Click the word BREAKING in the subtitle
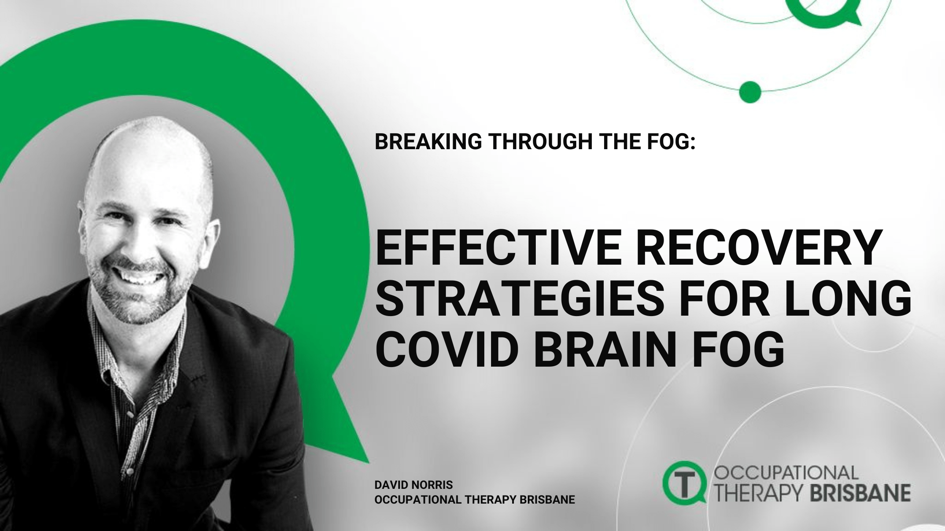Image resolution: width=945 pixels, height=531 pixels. click(428, 142)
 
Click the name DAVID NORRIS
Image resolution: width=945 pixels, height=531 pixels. click(413, 485)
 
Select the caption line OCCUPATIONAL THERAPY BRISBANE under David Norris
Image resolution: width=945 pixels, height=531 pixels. click(475, 500)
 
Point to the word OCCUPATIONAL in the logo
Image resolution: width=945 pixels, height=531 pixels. click(786, 473)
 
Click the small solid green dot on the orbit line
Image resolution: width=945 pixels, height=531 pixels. click(750, 91)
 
